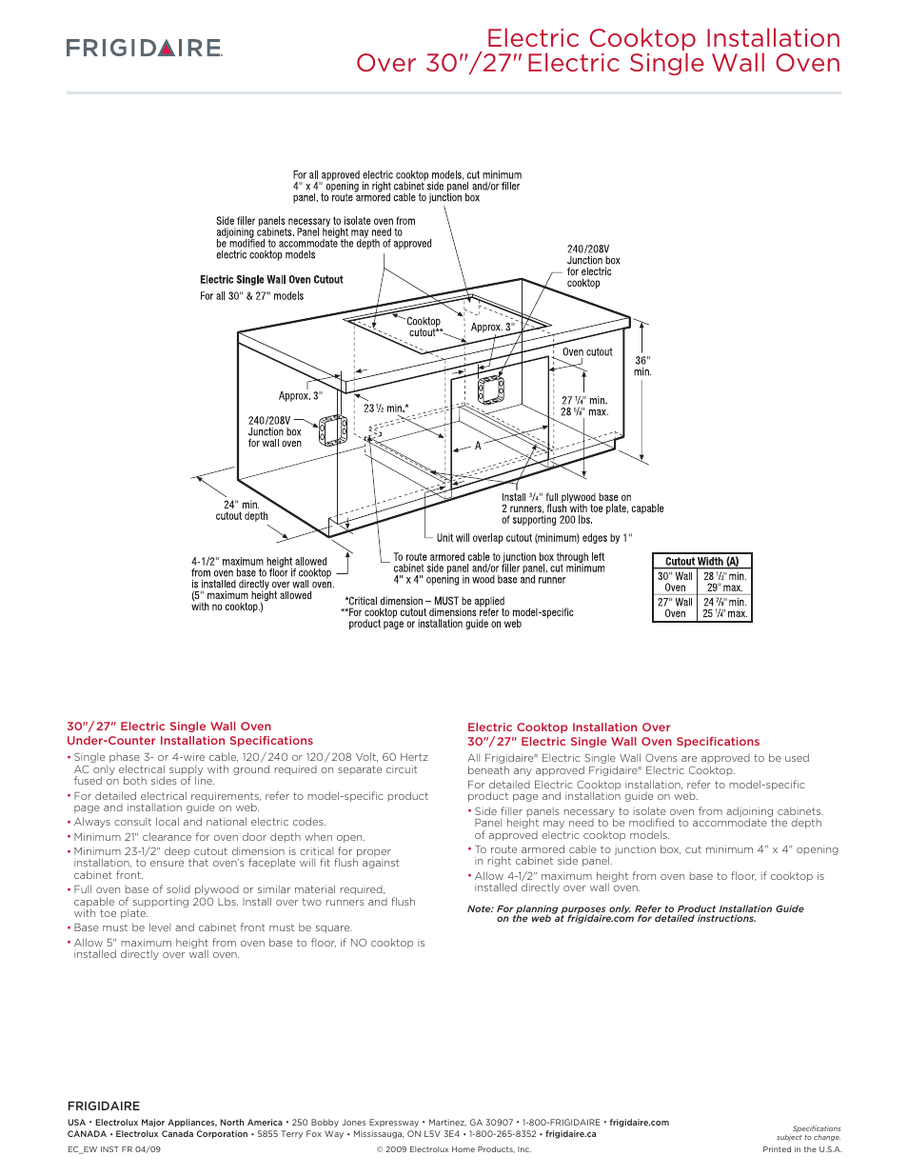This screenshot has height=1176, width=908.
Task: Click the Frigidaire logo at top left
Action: (x=144, y=48)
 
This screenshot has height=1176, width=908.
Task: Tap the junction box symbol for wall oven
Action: (x=332, y=430)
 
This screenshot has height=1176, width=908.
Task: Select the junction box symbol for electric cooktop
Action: (x=490, y=389)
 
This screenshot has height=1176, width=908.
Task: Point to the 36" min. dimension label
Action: (x=642, y=366)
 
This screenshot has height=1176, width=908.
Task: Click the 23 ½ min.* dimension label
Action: (x=385, y=408)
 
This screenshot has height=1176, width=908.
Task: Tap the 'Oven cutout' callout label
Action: (x=587, y=352)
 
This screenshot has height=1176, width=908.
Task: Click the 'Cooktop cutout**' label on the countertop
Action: (x=424, y=327)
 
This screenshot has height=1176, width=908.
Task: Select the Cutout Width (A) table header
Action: (x=701, y=562)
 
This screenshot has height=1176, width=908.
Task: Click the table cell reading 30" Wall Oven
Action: (x=675, y=582)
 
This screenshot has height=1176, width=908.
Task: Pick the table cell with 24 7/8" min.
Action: (x=724, y=602)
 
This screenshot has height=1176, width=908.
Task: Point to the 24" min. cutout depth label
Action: (x=242, y=510)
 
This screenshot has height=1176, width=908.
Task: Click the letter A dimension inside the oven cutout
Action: (x=478, y=446)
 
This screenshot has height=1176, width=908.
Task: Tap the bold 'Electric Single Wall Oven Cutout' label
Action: (x=271, y=280)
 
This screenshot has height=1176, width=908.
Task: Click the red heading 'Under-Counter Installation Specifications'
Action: (x=189, y=741)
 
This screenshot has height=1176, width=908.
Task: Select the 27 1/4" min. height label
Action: (x=583, y=401)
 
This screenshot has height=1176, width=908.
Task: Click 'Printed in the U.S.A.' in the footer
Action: (x=801, y=1149)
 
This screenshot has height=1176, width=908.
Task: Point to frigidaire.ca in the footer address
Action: (x=570, y=1134)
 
